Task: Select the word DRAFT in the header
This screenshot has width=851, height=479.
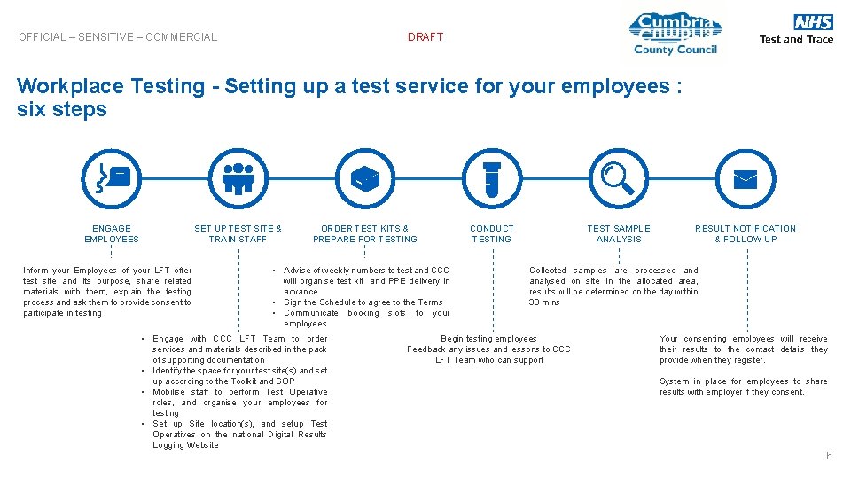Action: tap(425, 37)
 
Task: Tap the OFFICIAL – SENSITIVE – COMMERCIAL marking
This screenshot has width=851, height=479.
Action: tap(118, 37)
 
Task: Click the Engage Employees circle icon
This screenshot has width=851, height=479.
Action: tap(112, 177)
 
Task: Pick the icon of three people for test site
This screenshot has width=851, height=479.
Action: tap(238, 177)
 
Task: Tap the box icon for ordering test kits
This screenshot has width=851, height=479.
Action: tap(364, 177)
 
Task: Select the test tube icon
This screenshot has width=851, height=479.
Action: tap(492, 177)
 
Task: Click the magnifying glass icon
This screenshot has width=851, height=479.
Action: tap(618, 177)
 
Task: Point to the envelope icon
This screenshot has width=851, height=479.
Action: tap(746, 177)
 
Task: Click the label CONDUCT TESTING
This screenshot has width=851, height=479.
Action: tap(492, 233)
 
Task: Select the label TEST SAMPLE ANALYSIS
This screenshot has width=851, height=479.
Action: tap(619, 233)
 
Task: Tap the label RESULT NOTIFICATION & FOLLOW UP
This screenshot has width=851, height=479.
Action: tap(746, 233)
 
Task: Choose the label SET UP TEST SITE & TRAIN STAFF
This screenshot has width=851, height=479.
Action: tap(238, 233)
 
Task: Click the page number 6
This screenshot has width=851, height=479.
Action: tap(829, 456)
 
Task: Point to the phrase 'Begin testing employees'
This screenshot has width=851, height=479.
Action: tap(488, 339)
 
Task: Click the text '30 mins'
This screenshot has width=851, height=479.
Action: tap(545, 302)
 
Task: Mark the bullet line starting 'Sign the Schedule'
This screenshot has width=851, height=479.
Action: tap(363, 302)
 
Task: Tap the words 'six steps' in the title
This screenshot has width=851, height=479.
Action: tap(62, 110)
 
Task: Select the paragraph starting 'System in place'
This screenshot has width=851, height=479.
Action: tap(743, 387)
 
